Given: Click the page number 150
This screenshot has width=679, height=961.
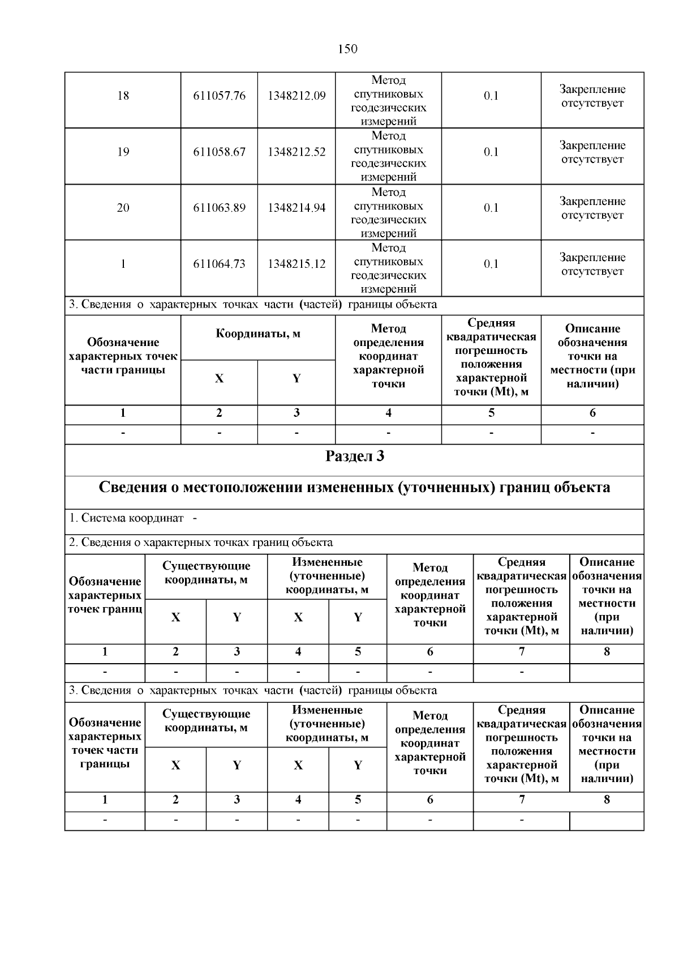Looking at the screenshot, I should pyautogui.click(x=347, y=49).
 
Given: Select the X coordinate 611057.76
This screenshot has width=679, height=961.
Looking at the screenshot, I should pyautogui.click(x=219, y=96).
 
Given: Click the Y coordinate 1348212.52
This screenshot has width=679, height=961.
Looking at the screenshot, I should pyautogui.click(x=296, y=152).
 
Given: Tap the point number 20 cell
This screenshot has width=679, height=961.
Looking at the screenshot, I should pyautogui.click(x=123, y=208).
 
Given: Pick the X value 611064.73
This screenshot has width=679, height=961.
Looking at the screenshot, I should pyautogui.click(x=219, y=264).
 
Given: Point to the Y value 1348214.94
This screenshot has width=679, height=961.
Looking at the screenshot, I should pyautogui.click(x=296, y=208).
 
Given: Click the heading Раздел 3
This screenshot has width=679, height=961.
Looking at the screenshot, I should pyautogui.click(x=355, y=456).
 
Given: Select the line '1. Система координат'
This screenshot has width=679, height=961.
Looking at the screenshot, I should pyautogui.click(x=127, y=518).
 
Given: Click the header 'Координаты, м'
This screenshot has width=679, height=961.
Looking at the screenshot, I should pyautogui.click(x=258, y=334).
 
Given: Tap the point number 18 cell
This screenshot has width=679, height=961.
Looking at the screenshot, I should pyautogui.click(x=123, y=96).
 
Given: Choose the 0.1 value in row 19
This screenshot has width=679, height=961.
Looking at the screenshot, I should pyautogui.click(x=491, y=152).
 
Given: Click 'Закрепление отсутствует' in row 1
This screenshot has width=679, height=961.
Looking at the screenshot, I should pyautogui.click(x=592, y=264).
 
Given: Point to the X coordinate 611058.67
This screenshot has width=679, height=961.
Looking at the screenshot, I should pyautogui.click(x=219, y=152).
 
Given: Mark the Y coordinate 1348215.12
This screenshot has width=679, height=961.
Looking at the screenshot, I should pyautogui.click(x=296, y=264).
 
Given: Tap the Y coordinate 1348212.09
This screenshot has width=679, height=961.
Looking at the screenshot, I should pyautogui.click(x=296, y=96).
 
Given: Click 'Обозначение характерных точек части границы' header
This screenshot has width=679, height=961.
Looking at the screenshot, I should pyautogui.click(x=123, y=356).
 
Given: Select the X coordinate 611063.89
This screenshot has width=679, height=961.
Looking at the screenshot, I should pyautogui.click(x=219, y=208).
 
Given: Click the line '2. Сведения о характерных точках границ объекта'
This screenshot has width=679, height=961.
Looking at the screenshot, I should pyautogui.click(x=201, y=543).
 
